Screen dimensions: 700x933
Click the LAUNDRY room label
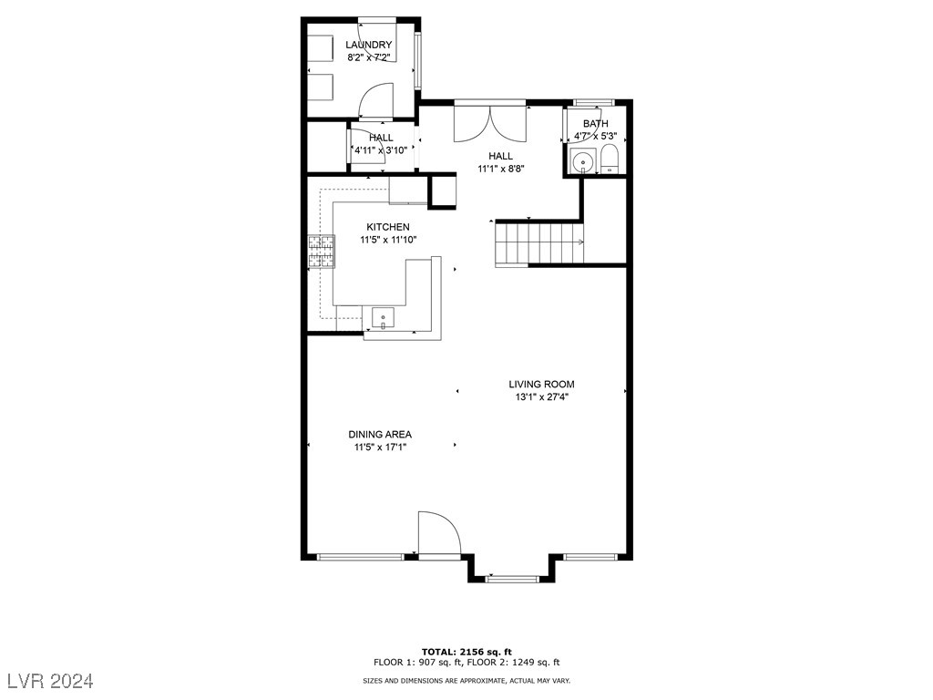(368, 45)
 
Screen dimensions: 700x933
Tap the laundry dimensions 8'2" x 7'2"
(369, 57)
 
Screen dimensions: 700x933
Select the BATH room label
(595, 124)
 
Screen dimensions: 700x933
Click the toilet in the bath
(609, 160)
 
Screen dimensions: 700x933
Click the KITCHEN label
(387, 227)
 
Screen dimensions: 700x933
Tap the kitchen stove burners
(321, 251)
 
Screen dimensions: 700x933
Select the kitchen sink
(384, 317)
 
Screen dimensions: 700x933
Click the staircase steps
(538, 243)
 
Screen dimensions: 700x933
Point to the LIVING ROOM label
(541, 385)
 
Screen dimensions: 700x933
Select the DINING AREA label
(380, 435)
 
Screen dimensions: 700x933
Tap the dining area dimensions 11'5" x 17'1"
(380, 448)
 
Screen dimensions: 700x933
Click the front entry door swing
(436, 532)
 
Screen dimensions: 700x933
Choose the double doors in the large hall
(490, 122)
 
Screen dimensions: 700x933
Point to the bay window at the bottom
(511, 577)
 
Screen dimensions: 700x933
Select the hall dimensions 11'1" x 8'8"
(501, 169)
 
